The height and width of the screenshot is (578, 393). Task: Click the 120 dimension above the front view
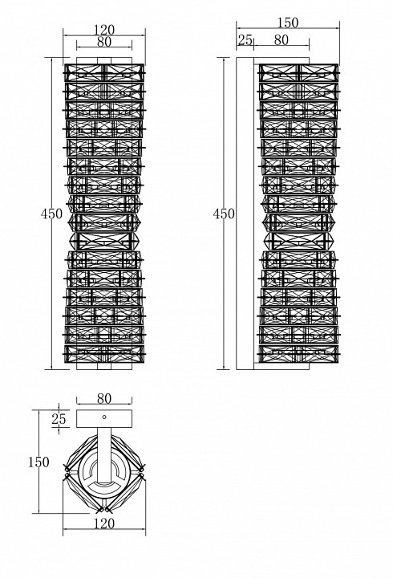[103, 30]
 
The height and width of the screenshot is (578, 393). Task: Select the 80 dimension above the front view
[103, 42]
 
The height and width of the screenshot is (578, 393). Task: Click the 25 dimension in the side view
[245, 39]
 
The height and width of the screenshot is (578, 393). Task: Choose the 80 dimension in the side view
[281, 39]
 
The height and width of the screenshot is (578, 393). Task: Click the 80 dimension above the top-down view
[103, 397]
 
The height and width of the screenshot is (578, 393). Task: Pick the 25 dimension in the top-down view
[59, 418]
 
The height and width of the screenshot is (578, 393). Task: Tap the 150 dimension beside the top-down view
[38, 462]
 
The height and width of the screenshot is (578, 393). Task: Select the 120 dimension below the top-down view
[103, 523]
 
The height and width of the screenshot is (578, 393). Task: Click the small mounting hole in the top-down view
[103, 417]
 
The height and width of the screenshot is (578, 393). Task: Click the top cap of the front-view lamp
[103, 59]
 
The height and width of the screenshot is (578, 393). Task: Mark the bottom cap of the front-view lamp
[103, 370]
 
